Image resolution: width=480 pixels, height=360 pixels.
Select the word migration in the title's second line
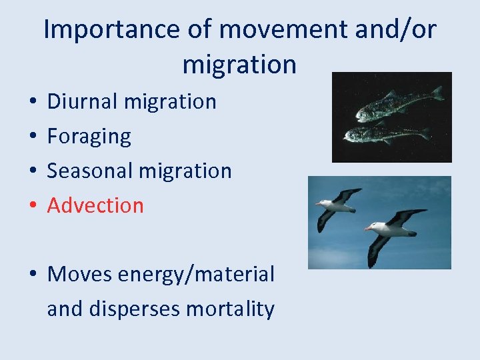click(239, 65)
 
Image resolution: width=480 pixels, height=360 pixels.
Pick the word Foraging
click(89, 137)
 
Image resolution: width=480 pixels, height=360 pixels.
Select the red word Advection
click(95, 205)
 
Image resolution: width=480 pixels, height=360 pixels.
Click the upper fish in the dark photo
click(393, 104)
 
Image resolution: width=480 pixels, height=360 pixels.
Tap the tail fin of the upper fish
click(437, 93)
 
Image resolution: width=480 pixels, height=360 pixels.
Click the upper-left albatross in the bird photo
click(337, 207)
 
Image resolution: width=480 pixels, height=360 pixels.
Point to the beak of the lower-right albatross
click(367, 228)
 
